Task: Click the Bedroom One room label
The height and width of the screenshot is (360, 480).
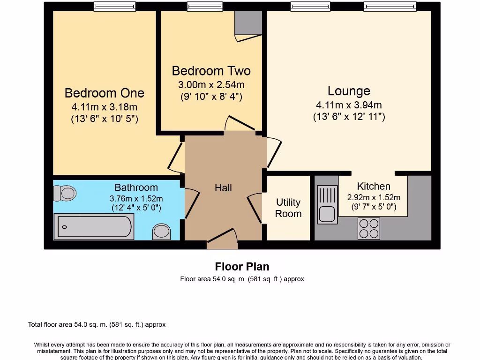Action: tap(104, 93)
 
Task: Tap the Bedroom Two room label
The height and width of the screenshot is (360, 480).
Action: tap(211, 71)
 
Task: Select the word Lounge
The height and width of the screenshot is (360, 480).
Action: tap(349, 91)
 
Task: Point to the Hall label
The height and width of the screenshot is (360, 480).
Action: tap(223, 188)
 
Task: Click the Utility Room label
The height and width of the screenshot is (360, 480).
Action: tap(288, 208)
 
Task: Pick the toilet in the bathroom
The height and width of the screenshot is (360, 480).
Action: tap(65, 193)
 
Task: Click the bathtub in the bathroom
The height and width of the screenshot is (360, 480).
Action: tap(94, 226)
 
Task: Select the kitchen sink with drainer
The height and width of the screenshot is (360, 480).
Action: tap(327, 204)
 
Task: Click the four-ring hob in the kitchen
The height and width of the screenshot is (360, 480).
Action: tap(368, 229)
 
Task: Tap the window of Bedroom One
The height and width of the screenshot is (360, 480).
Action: tap(114, 6)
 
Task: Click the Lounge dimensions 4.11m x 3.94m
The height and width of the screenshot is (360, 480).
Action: tap(349, 105)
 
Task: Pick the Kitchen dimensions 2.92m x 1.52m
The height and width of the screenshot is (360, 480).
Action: tap(374, 197)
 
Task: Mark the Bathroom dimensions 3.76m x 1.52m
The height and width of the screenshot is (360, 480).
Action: tap(136, 199)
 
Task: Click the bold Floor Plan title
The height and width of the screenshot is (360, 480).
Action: tap(242, 267)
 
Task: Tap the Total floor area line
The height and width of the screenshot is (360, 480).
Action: tap(97, 324)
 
